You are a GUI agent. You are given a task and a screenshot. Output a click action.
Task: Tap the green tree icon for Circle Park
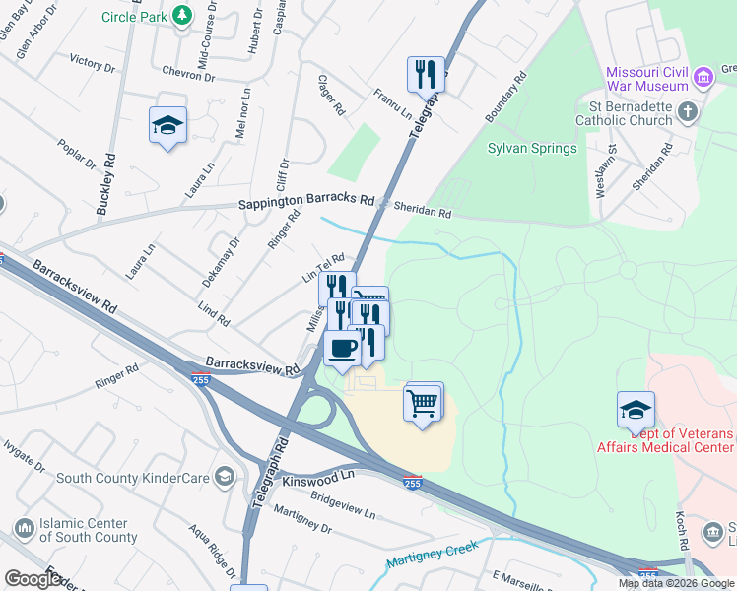click(x=180, y=16)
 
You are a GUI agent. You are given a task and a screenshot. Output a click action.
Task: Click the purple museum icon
click(x=703, y=77)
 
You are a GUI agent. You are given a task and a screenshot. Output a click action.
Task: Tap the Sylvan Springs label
click(x=532, y=149)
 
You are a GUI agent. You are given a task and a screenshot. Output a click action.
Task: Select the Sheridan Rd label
click(x=422, y=212)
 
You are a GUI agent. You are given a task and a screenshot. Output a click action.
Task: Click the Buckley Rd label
click(x=105, y=183)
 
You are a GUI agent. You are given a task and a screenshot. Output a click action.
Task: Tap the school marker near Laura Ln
click(x=167, y=126)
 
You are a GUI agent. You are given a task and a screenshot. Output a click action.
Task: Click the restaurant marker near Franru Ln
click(x=426, y=73)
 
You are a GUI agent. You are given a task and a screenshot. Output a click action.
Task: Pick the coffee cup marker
click(x=342, y=349)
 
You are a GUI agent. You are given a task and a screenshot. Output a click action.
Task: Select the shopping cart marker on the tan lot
click(x=423, y=402)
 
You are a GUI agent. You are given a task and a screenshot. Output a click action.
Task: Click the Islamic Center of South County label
click(x=89, y=530)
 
